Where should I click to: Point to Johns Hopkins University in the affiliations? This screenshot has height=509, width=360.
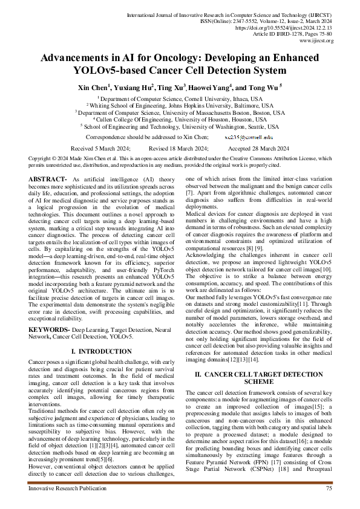(x=224, y=105)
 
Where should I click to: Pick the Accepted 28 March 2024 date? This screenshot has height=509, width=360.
(x=258, y=148)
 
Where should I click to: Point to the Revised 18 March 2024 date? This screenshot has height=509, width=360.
(x=178, y=148)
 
